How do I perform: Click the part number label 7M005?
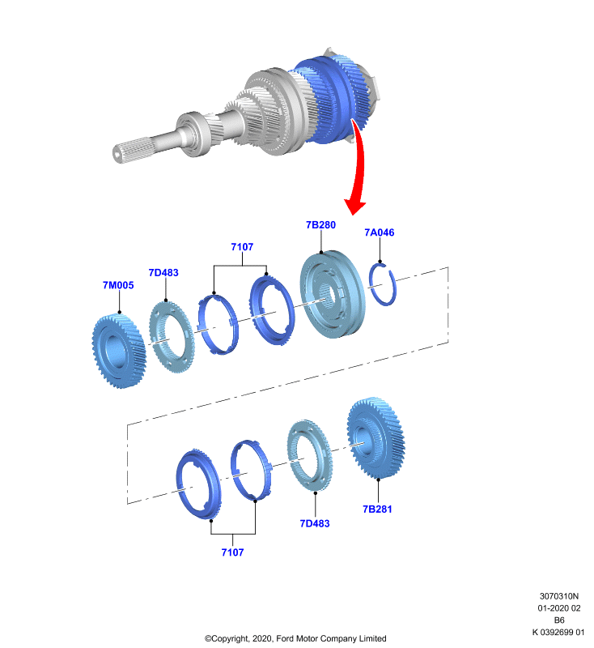tap(118, 285)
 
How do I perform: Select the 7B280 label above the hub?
tap(320, 225)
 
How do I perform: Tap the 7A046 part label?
tap(380, 232)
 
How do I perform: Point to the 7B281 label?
tap(377, 509)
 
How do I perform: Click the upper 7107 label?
tap(242, 247)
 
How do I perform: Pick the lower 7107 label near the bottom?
tap(232, 552)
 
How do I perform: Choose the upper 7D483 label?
tap(163, 273)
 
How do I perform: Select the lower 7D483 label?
tap(315, 523)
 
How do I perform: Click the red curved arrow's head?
tap(354, 205)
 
